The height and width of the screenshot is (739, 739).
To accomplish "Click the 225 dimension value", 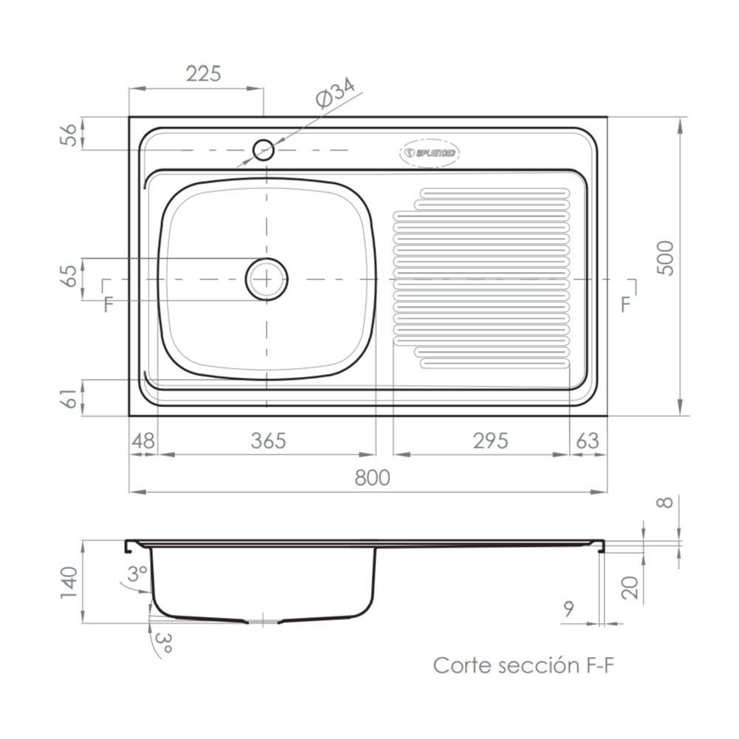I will pos(202,73).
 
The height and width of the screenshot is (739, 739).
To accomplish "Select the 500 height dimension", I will pos(666,258).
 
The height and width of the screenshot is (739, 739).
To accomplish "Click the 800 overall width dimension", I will pos(372,477).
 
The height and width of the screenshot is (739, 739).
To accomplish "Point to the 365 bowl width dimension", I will pos(268,441).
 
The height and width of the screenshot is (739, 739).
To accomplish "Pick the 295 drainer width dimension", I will pos(490,441).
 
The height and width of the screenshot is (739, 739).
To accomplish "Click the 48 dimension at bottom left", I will pos(143,441).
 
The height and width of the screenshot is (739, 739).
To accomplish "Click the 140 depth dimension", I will pos(68,584).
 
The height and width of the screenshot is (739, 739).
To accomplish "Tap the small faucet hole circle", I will pos(264,150).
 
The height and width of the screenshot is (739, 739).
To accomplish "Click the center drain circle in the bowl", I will pos(266,279).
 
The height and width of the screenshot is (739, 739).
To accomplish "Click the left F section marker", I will pos(109,303).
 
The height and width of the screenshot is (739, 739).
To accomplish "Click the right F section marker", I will pos(626,303).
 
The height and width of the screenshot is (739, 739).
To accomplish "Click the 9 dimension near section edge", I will pos(568,610).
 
